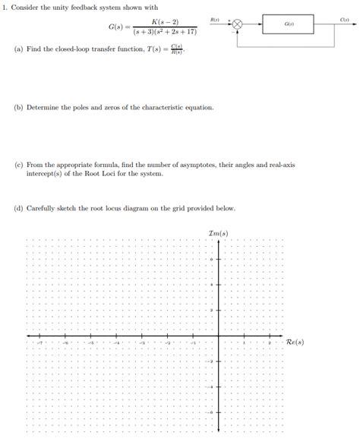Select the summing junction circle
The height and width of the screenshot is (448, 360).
(237, 25)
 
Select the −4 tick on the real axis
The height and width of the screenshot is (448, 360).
(116, 342)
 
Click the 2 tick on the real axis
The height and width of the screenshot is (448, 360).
(270, 342)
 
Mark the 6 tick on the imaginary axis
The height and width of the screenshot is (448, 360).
(213, 260)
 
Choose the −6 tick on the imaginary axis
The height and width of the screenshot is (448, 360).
(212, 412)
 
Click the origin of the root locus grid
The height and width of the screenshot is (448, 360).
(219, 336)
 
